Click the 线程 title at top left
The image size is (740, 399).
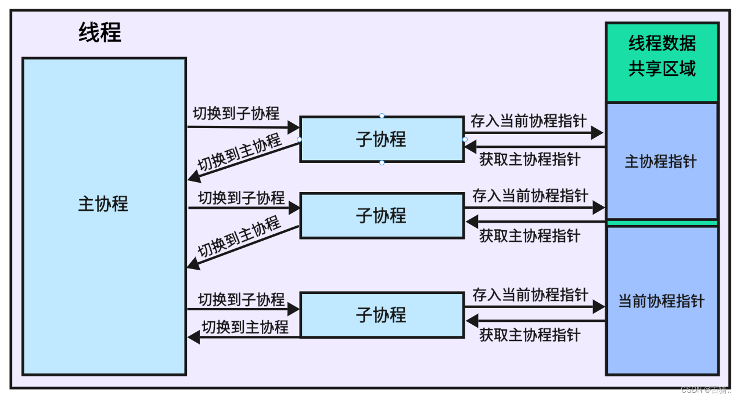coord(100,33)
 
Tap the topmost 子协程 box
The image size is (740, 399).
coord(381,139)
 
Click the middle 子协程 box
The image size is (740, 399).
coord(381,216)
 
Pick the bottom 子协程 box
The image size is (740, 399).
coord(381,315)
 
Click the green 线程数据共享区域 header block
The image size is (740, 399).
coord(662,62)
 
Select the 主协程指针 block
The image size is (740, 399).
coord(662,161)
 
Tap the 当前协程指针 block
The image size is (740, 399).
coord(662,301)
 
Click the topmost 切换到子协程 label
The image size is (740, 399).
coord(236,113)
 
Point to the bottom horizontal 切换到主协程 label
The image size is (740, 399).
coord(245,327)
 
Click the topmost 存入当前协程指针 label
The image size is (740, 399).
coord(528,121)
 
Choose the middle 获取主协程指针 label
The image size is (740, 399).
coord(529,235)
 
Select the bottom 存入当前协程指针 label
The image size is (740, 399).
coord(530,295)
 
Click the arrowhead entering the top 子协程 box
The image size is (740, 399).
coord(293,126)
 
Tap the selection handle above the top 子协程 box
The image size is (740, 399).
coord(382,116)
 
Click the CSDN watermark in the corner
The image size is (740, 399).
coord(706,390)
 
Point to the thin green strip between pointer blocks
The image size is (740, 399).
coord(662,223)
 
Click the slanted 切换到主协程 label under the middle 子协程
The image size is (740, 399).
coord(239,237)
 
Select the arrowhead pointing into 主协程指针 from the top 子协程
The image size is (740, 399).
coord(597,133)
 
